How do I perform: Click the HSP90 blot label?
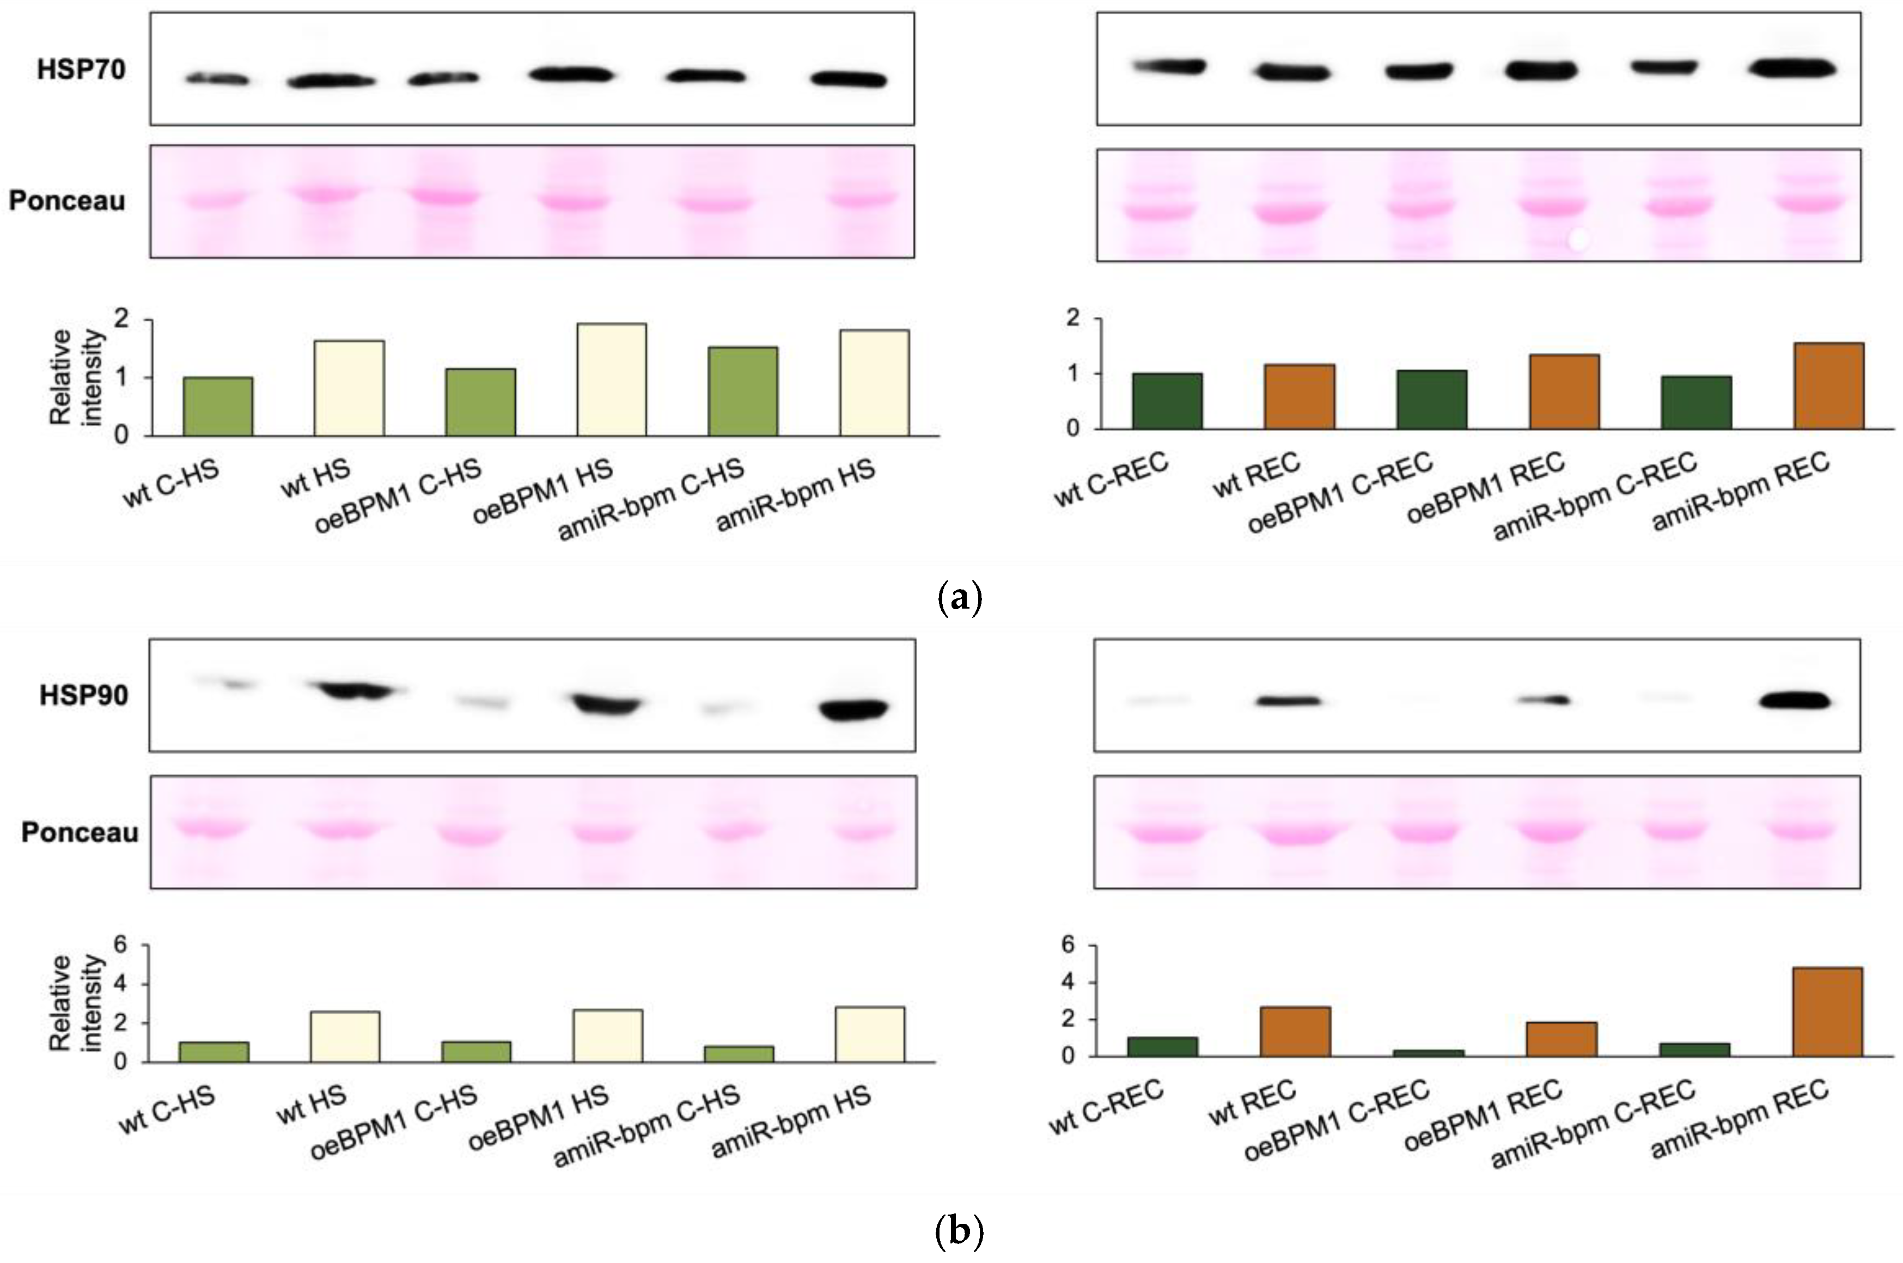pyautogui.click(x=84, y=695)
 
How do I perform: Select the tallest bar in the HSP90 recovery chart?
pyautogui.click(x=1827, y=1011)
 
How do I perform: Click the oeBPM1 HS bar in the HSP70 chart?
pyautogui.click(x=612, y=379)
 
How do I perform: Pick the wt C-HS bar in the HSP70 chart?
pyautogui.click(x=217, y=406)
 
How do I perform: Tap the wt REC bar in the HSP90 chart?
pyautogui.click(x=1295, y=1031)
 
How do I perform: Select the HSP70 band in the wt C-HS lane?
pyautogui.click(x=217, y=79)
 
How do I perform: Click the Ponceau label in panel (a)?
pyautogui.click(x=67, y=200)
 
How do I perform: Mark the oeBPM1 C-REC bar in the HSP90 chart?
pyautogui.click(x=1429, y=1053)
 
